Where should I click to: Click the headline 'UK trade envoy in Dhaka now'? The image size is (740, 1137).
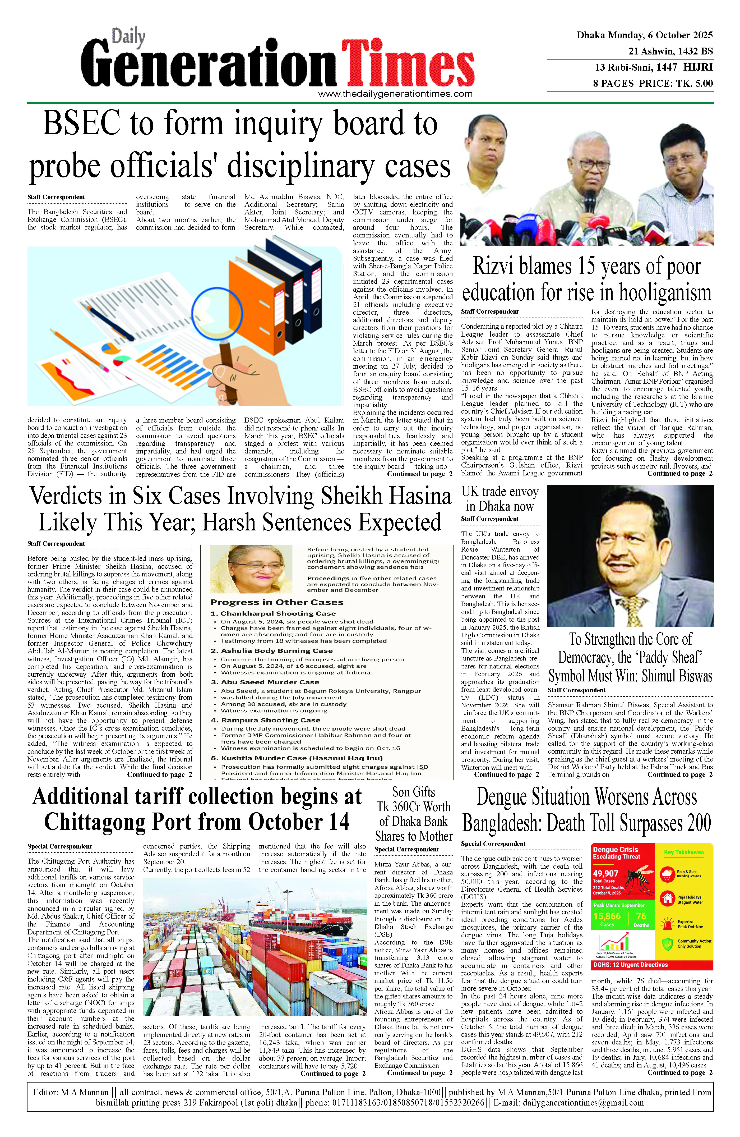500,499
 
